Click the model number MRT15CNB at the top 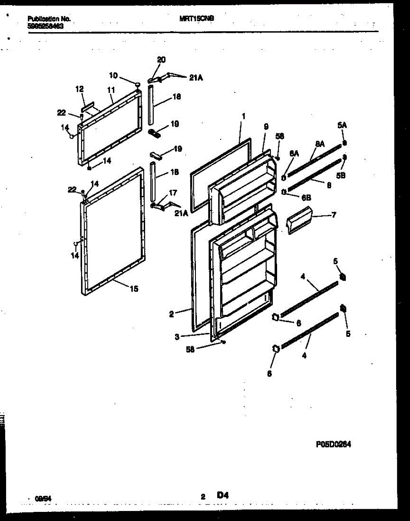tap(196, 19)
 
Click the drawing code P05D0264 tap(333, 444)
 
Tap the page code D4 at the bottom tap(223, 495)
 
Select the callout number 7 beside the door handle tap(334, 214)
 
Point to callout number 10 tap(113, 76)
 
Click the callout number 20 tap(161, 60)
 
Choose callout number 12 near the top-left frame tap(79, 89)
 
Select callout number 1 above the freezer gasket tap(244, 116)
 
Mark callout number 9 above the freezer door tap(266, 126)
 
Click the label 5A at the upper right tap(342, 125)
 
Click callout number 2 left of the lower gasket tap(172, 314)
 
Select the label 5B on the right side tap(341, 176)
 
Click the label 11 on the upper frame tap(110, 90)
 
